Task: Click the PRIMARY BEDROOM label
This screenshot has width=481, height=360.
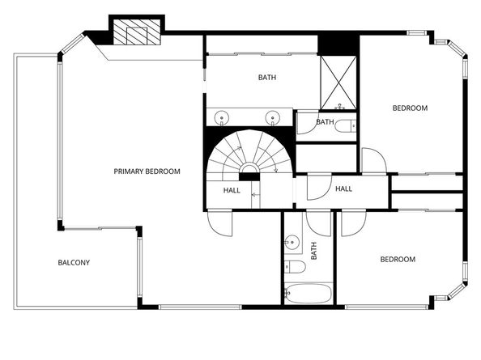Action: [x=147, y=172]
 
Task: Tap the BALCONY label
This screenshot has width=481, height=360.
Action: [x=74, y=263]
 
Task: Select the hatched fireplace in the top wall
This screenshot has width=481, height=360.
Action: [x=130, y=33]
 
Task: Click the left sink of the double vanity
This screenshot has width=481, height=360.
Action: [x=222, y=119]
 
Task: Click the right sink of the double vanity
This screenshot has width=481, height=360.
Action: [x=273, y=119]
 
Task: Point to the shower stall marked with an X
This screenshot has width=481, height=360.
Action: [x=338, y=82]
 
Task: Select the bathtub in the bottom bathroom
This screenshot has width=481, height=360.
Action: [x=308, y=293]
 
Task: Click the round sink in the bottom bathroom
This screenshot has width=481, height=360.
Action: [x=292, y=242]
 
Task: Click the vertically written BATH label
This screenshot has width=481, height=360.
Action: [x=314, y=251]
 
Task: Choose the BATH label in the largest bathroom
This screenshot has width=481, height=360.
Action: [x=266, y=78]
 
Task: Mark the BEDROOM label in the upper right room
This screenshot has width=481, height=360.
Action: [x=410, y=108]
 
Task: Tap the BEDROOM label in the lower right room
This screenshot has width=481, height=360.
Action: [x=398, y=260]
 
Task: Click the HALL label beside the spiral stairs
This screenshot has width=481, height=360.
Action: [x=232, y=190]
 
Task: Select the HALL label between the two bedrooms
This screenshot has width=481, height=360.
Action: [x=343, y=189]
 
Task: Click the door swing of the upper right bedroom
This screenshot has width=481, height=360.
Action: [x=372, y=161]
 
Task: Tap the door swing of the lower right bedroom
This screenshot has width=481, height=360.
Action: [x=351, y=222]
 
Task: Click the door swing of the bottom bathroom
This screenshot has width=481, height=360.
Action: [x=319, y=222]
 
